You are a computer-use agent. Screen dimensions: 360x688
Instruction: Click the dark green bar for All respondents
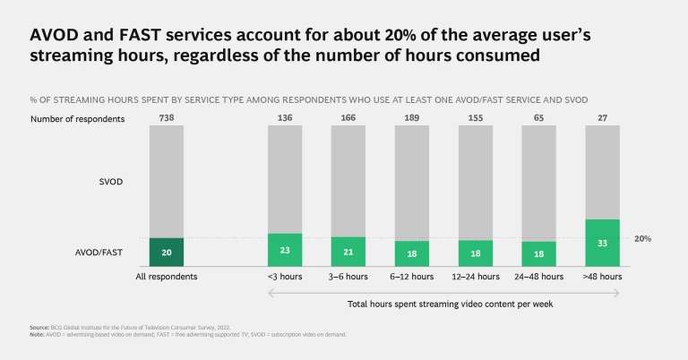(166, 252)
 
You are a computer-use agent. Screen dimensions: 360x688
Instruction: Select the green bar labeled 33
(602, 243)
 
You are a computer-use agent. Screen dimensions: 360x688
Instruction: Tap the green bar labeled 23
(285, 250)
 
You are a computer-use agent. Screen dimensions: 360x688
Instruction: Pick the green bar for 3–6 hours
(348, 252)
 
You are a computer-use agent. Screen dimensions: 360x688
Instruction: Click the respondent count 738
(166, 117)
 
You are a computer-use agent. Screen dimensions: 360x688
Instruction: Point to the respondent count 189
(411, 117)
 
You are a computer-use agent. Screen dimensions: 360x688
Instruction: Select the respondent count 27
(602, 117)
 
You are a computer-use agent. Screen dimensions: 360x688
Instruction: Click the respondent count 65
(538, 117)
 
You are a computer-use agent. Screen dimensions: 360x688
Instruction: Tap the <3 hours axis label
(285, 277)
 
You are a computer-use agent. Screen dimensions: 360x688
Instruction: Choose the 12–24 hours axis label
(475, 277)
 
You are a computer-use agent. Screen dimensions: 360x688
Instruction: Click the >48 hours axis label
(602, 277)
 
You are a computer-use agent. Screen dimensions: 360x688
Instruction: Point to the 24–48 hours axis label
(538, 277)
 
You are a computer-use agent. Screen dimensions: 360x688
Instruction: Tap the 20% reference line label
(643, 239)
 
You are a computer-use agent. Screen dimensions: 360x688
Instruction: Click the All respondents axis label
(166, 277)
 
